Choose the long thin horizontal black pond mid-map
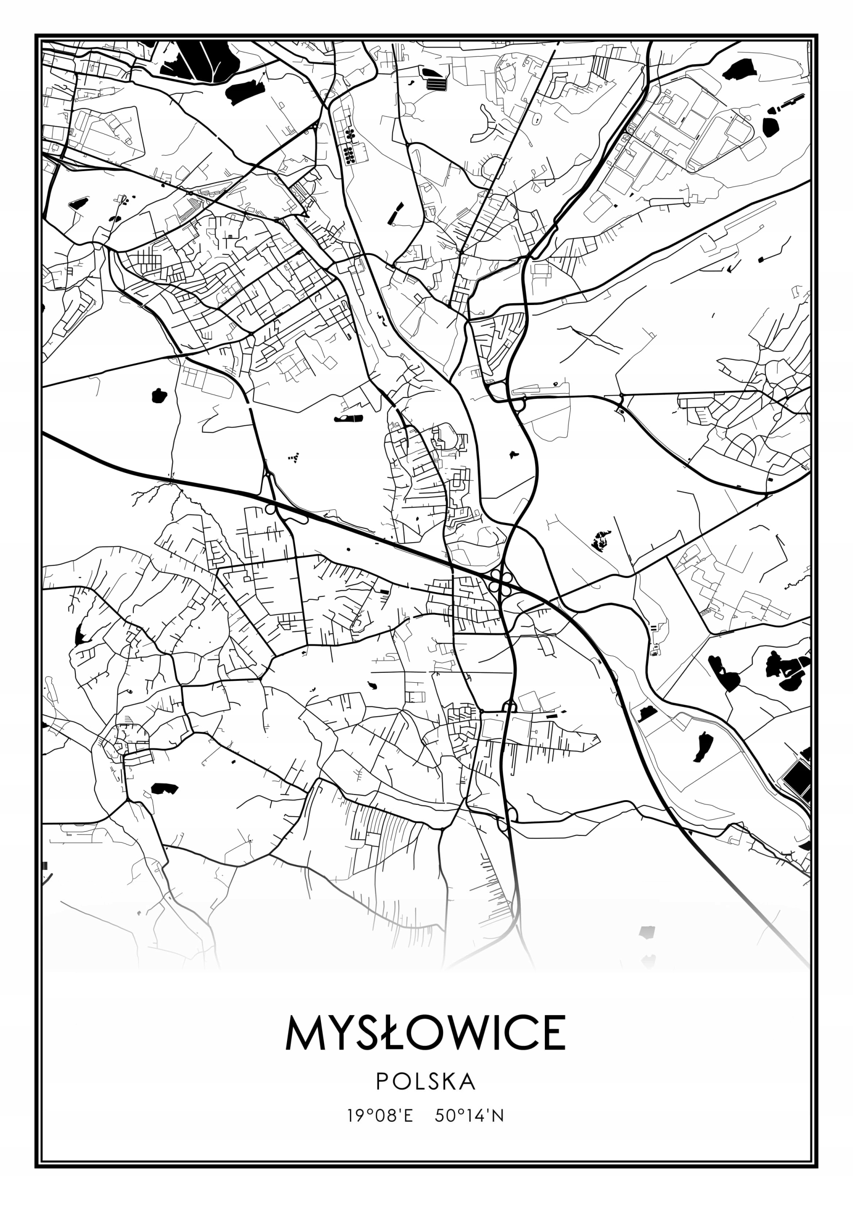pyautogui.click(x=348, y=419)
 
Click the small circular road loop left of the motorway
pyautogui.click(x=270, y=509)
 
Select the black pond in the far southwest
pyautogui.click(x=164, y=788)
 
